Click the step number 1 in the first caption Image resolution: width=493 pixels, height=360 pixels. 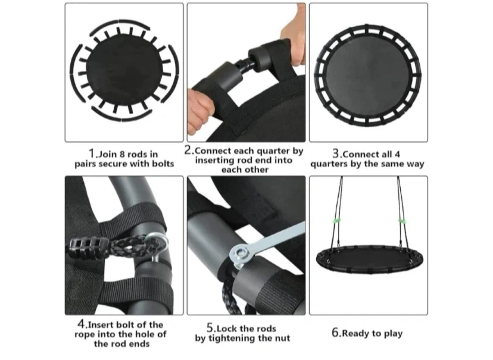[x=92, y=154]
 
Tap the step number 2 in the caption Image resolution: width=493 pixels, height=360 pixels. [x=188, y=150]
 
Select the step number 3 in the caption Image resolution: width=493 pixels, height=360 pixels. [x=336, y=154]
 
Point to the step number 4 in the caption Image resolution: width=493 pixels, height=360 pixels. [x=81, y=324]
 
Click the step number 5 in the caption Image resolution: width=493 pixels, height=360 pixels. [x=210, y=328]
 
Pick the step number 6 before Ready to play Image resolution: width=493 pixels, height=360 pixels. [x=335, y=333]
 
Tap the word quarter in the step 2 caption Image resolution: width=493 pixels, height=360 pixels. [x=274, y=151]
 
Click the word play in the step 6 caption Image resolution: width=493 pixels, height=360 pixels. [x=393, y=334]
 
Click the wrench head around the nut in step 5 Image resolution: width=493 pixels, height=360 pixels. [x=241, y=253]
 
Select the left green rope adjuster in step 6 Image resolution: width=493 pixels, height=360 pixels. [x=336, y=221]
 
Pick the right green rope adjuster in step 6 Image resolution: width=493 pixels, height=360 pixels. [x=402, y=221]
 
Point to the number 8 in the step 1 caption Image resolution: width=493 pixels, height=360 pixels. [x=123, y=154]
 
